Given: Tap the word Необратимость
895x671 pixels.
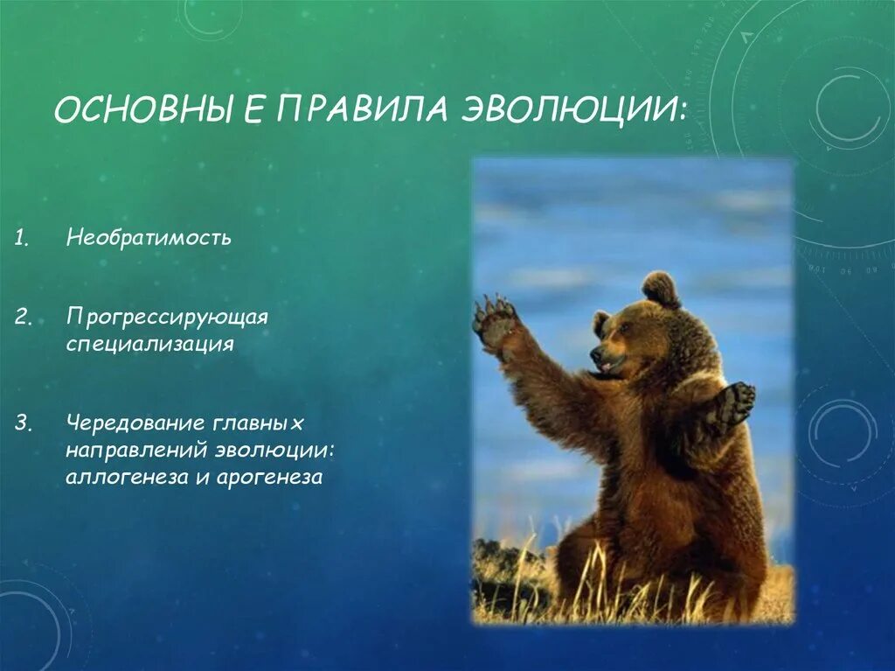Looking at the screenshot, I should click(149, 237).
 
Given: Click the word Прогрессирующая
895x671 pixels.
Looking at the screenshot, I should click(167, 316).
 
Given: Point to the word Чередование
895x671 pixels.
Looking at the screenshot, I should click(136, 423).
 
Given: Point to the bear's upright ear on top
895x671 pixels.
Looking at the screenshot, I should click(662, 289).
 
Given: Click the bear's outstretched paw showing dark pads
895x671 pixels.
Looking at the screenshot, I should click(735, 403).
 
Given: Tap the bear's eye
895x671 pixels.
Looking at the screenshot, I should click(621, 331).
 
